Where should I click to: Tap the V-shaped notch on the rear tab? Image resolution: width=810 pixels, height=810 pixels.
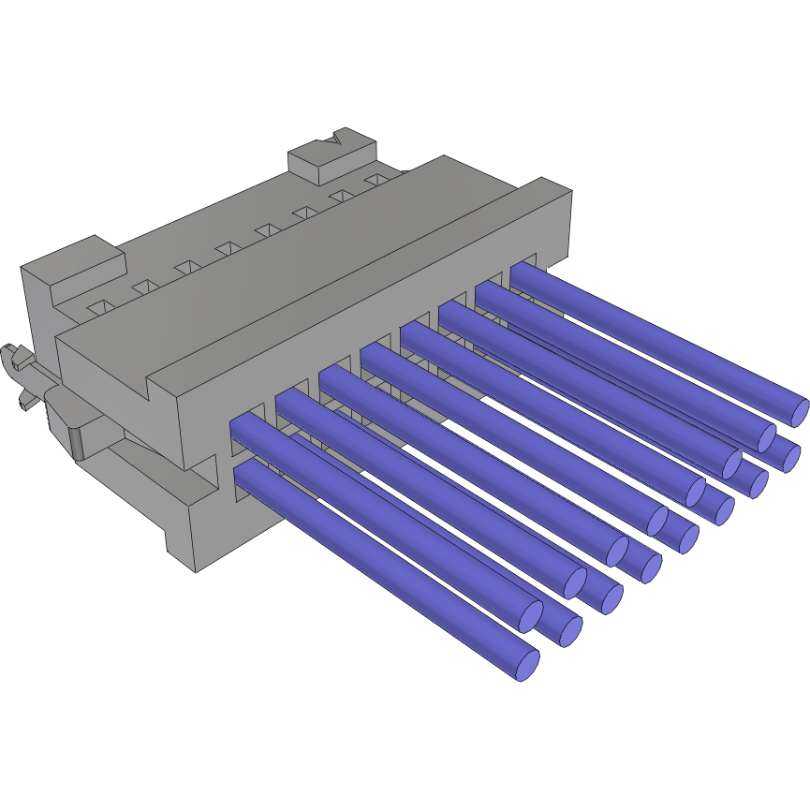pyautogui.click(x=334, y=141)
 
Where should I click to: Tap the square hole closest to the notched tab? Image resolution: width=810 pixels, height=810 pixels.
pyautogui.click(x=376, y=178)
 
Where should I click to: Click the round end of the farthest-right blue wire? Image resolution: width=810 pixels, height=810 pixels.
pyautogui.click(x=797, y=410)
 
